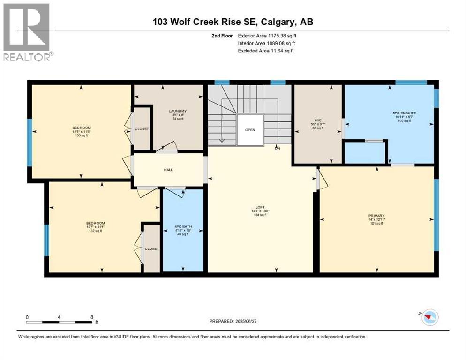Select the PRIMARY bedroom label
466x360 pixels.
(376, 216)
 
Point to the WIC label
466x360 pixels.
(317, 120)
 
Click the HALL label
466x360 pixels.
(168, 170)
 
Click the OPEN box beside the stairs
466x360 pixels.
(249, 130)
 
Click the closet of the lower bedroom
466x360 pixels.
(151, 248)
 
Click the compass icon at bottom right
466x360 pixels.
(429, 318)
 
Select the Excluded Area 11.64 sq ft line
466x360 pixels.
(265, 51)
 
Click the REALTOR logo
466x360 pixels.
(27, 32)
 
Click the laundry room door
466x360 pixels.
(166, 147)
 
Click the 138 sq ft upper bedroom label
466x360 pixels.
(82, 135)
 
